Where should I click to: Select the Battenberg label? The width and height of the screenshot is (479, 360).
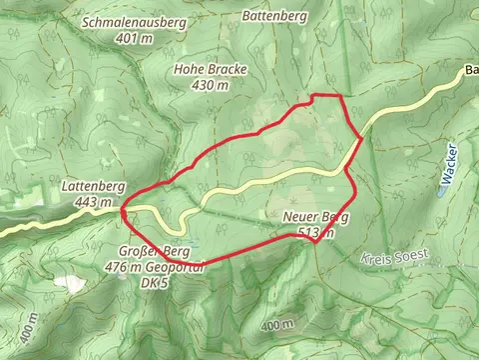274,16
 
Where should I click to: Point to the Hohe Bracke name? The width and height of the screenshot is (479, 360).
210,70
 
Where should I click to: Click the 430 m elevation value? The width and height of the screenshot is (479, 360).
210,86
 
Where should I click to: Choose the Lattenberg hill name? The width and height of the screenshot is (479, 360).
92,186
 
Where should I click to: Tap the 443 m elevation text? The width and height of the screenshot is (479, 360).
92,202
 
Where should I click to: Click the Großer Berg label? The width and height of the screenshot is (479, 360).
154,251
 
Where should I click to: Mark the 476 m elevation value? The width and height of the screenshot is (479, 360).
130,266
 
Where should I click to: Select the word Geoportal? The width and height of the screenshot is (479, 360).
178,266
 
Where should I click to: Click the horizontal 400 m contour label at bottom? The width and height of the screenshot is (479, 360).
277,326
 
